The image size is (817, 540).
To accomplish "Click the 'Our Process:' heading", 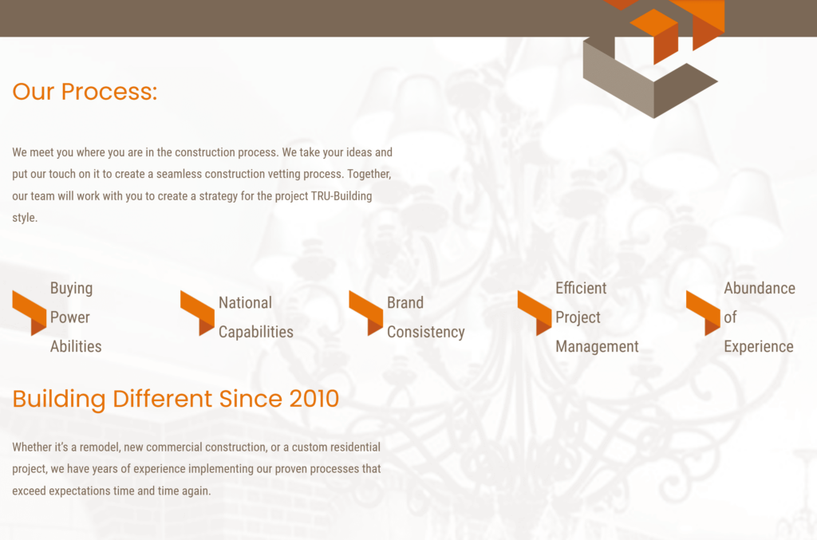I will pyautogui.click(x=85, y=92).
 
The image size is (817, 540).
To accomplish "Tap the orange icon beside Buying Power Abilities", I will pyautogui.click(x=29, y=312).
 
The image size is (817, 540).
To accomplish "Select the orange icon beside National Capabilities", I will pyautogui.click(x=197, y=312).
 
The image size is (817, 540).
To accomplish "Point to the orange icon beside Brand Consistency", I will pyautogui.click(x=365, y=312).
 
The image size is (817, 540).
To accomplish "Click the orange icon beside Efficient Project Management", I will pyautogui.click(x=534, y=312).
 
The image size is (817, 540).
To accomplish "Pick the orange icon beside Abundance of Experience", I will pyautogui.click(x=702, y=312).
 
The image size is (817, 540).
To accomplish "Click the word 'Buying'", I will pyautogui.click(x=71, y=288).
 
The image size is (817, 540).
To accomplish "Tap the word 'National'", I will pyautogui.click(x=245, y=303).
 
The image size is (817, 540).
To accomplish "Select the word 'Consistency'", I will pyautogui.click(x=425, y=332).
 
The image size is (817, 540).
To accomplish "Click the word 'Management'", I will pyautogui.click(x=597, y=346).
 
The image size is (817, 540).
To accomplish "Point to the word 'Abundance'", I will pyautogui.click(x=759, y=288).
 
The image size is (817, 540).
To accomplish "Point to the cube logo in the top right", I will pyautogui.click(x=653, y=60).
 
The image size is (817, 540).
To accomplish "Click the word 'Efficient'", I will pyautogui.click(x=581, y=288).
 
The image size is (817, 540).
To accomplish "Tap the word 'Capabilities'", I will pyautogui.click(x=255, y=332).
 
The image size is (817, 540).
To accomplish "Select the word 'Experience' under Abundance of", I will pyautogui.click(x=758, y=346).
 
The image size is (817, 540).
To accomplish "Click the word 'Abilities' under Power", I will pyautogui.click(x=76, y=346).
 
